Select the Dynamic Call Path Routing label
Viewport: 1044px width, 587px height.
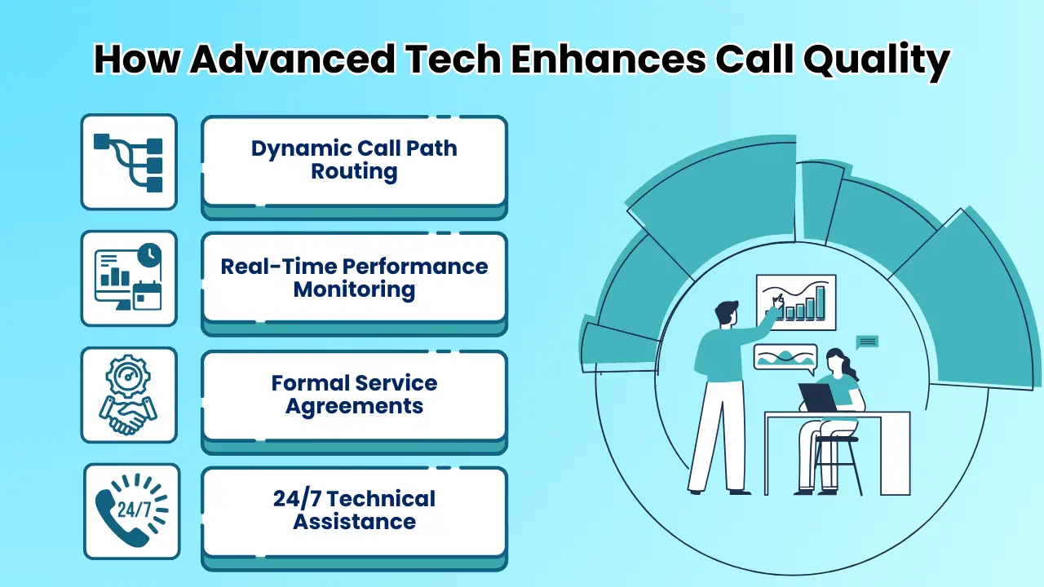pos(354,160)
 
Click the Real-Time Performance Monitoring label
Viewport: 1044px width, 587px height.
pos(354,277)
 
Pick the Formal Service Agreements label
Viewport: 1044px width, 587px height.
pos(354,395)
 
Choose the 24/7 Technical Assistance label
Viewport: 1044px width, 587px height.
pos(354,510)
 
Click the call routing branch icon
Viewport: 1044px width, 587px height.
pos(129,162)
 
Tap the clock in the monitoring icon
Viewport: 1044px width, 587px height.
pos(149,255)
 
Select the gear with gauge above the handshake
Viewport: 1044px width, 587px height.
pos(129,376)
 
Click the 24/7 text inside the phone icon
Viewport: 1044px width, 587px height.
pos(135,510)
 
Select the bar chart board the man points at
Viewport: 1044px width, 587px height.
pos(795,302)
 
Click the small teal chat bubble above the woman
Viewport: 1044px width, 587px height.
pos(867,342)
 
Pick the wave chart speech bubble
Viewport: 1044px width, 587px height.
pos(785,357)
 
